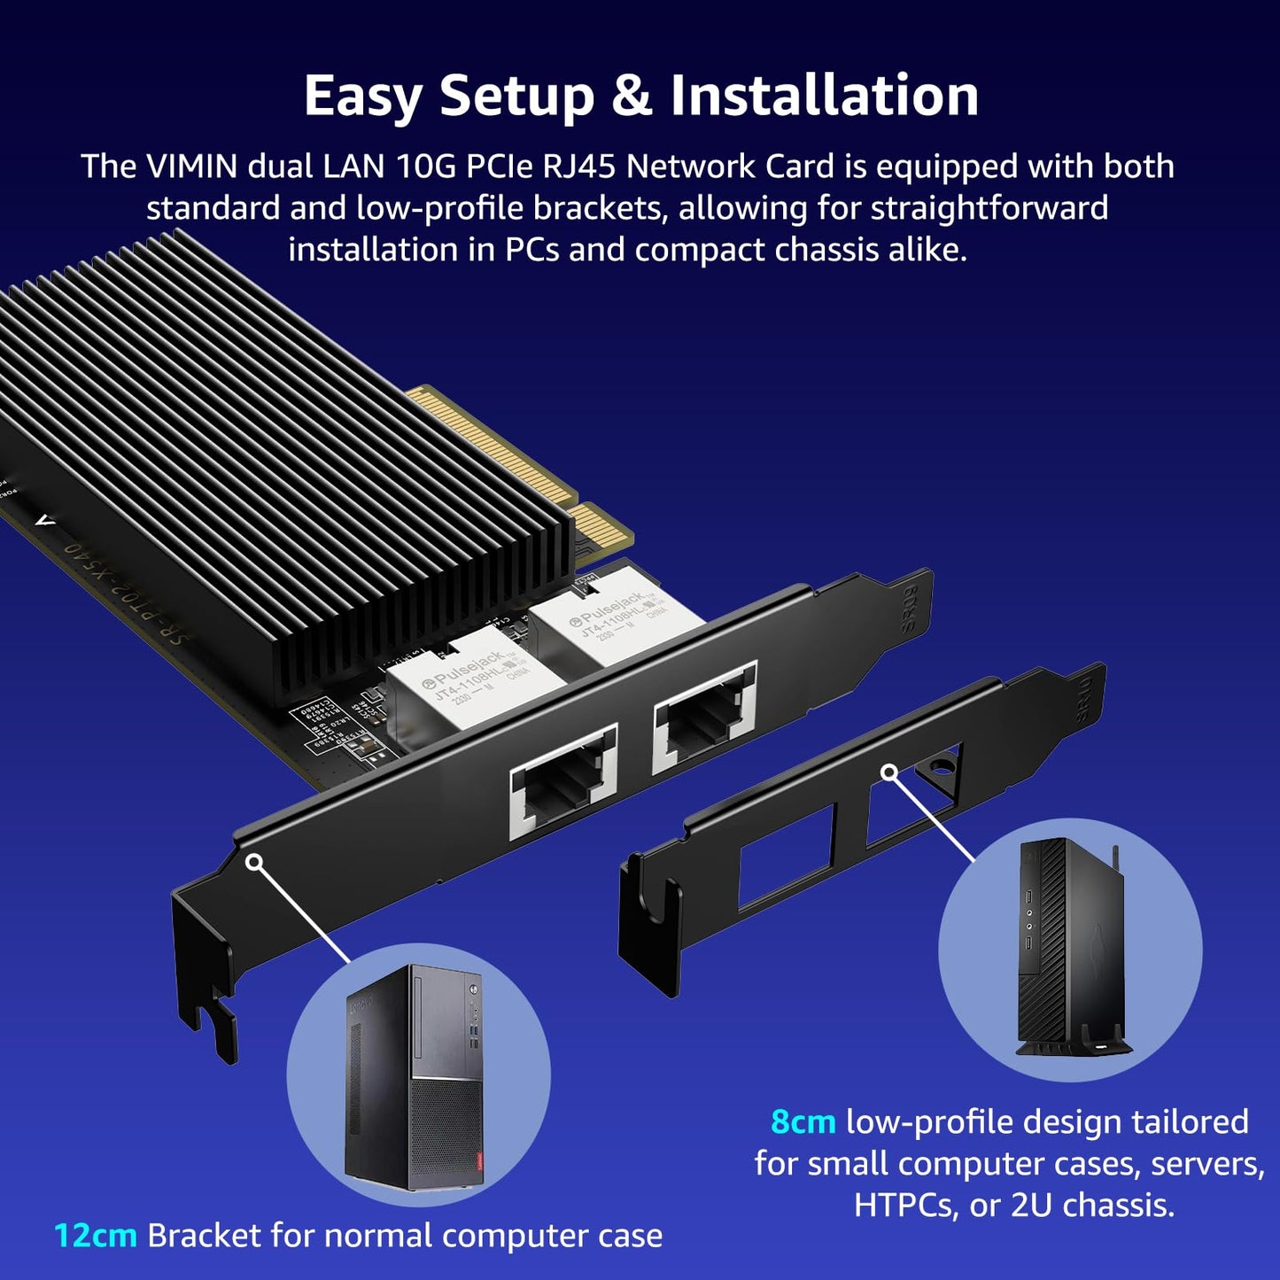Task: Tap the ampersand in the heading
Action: coord(631,96)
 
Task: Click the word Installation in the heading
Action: coord(824,96)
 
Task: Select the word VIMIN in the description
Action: coord(192,167)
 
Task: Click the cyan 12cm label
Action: coord(95,1236)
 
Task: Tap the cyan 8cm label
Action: coord(803,1121)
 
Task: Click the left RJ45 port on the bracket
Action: coord(562,782)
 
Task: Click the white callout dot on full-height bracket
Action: coord(254,861)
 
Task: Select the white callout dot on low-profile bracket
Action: coord(889,773)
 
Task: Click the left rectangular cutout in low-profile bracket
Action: coord(787,857)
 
